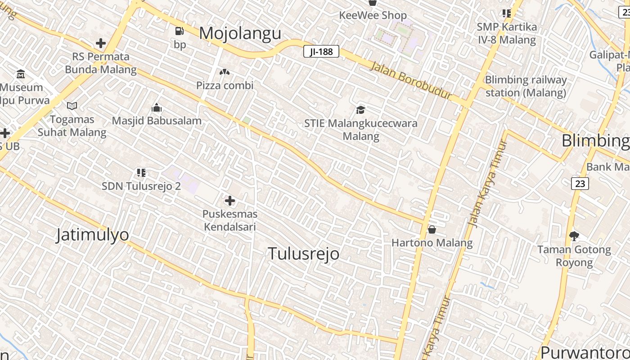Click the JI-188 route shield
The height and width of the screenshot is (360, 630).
[x=321, y=51]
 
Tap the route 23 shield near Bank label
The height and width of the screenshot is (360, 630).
[x=580, y=183]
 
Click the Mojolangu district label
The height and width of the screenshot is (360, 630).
[x=240, y=33]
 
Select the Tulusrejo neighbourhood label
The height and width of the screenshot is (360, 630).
[x=304, y=253]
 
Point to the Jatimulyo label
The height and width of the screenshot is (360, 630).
[x=92, y=234]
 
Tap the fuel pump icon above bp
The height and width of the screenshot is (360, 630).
[x=180, y=31]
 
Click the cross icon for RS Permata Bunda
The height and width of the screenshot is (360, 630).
[x=101, y=43]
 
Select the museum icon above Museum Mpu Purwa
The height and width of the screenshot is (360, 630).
[x=21, y=74]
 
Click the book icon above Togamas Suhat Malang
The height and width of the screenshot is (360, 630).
[x=72, y=106]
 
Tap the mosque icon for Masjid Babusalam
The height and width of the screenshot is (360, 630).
[x=157, y=108]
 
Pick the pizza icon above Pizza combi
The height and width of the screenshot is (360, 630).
[x=225, y=72]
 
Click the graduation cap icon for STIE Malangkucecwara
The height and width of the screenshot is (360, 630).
[x=360, y=109]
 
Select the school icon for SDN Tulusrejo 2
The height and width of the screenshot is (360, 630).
[x=141, y=172]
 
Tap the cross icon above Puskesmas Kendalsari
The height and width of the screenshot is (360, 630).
[x=229, y=200]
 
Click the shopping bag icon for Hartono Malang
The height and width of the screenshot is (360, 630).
[x=432, y=229]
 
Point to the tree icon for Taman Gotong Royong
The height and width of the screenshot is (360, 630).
[x=574, y=236]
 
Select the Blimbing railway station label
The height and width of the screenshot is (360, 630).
[x=526, y=86]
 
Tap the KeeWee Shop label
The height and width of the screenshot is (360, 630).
[x=373, y=15]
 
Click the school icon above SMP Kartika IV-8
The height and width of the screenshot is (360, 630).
[x=507, y=13]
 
